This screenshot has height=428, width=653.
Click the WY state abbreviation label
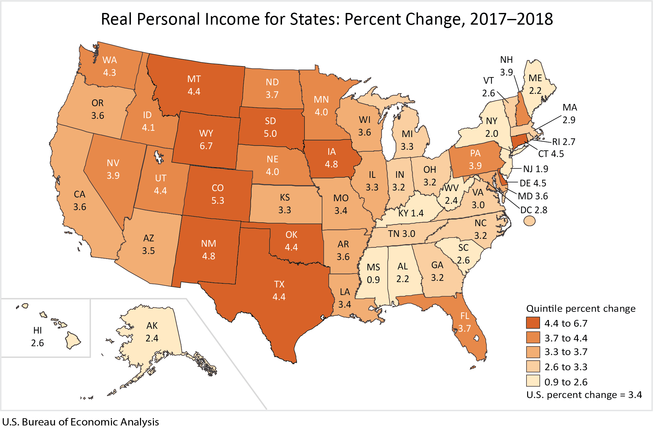pos(206,133)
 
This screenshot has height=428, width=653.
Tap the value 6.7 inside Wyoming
pos(206,146)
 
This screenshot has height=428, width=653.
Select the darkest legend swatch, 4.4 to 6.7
pos(533,323)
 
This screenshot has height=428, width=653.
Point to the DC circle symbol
pos(529,220)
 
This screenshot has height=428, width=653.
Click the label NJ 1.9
pos(535,169)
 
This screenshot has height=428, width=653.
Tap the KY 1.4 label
pos(411,213)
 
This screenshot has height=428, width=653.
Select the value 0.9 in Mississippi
pos(373,280)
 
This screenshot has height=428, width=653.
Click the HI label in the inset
pos(38,330)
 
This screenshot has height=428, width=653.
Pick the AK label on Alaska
pos(152,326)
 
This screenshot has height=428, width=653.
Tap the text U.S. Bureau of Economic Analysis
pos(80,422)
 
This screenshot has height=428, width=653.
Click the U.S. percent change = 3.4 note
pos(584,395)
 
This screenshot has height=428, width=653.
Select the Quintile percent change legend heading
pos(581,308)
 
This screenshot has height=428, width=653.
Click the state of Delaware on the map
pos(502,180)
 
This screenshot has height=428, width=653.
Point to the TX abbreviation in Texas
pos(279,284)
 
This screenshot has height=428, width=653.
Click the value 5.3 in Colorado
pos(218,201)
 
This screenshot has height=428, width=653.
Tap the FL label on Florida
pos(465,316)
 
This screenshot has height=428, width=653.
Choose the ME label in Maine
pos(535,78)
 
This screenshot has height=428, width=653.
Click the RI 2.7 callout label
pos(563,142)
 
